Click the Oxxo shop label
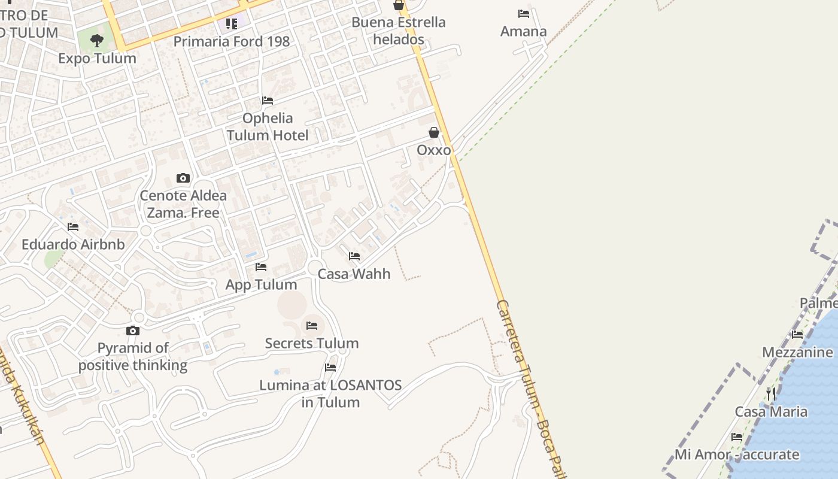[433, 150]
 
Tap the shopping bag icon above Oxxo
[434, 132]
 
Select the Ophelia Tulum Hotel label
[268, 126]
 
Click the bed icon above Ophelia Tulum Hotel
[268, 101]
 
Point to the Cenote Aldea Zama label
[183, 204]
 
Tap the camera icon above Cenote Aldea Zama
[183, 178]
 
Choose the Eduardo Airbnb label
[73, 244]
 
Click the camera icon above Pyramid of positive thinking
[133, 331]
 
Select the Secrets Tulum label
[312, 343]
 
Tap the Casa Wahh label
[354, 274]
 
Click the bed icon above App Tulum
[261, 267]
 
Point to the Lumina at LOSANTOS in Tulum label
[330, 393]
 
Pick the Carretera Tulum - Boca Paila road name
[530, 389]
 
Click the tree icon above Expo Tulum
[97, 41]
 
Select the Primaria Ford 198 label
[232, 41]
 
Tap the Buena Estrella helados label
[399, 31]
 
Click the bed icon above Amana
[524, 14]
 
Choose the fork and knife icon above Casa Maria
[771, 393]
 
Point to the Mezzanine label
[797, 352]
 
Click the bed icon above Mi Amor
[737, 437]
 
